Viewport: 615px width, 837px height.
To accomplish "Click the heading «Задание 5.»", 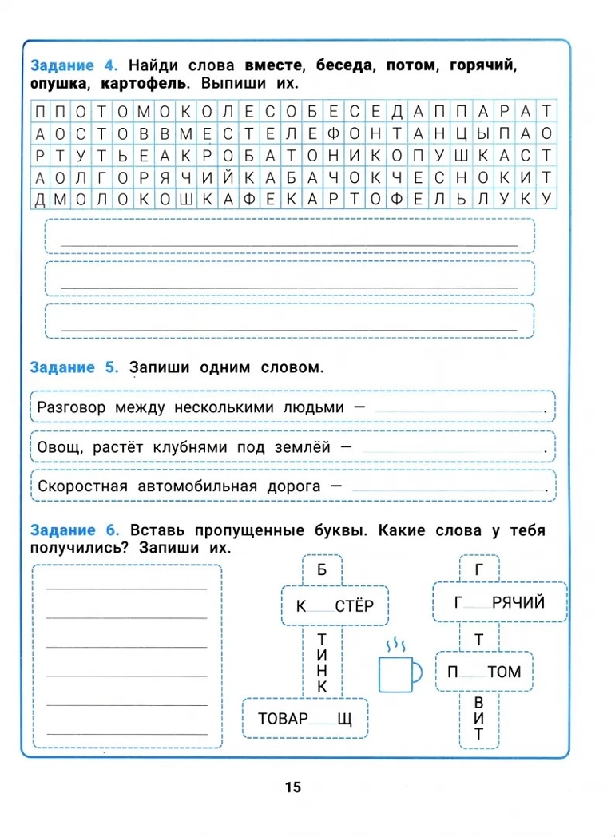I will click(74, 367).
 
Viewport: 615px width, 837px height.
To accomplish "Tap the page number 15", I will click(292, 787).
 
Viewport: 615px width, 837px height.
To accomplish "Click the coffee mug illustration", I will click(399, 674).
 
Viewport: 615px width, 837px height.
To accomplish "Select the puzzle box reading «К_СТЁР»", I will click(334, 606).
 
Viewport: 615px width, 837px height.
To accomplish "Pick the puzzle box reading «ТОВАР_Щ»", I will click(304, 720).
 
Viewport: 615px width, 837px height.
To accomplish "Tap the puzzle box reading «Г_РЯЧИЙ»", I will click(499, 602).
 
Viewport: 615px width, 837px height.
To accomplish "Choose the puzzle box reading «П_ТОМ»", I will click(484, 672).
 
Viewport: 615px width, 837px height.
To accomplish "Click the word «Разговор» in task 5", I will click(72, 407).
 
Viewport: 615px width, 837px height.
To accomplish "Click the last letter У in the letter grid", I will click(546, 199).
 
